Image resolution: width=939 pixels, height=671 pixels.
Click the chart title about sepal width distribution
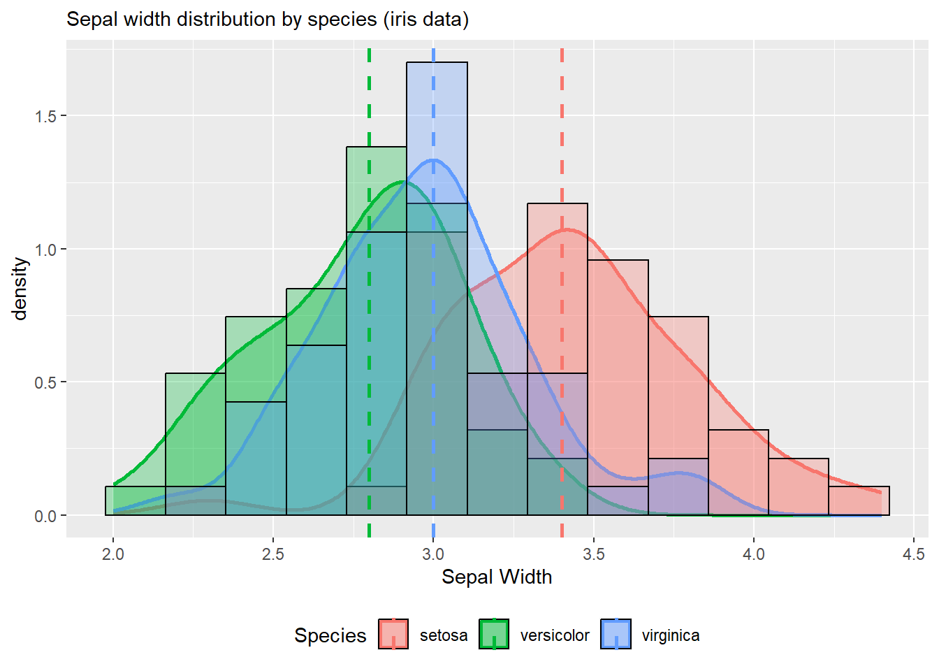tap(268, 19)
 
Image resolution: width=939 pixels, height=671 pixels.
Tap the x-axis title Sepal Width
tap(497, 577)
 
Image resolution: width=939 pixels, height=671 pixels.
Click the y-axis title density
tap(20, 289)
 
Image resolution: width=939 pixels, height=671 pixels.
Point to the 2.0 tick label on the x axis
tap(113, 554)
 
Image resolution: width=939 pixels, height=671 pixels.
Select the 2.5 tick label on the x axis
tap(273, 554)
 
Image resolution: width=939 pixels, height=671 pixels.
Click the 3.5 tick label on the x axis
tap(593, 554)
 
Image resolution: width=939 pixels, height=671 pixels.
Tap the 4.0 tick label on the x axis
tap(753, 554)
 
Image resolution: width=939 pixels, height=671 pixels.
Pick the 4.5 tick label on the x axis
tap(913, 554)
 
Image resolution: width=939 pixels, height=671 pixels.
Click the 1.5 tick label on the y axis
tap(46, 116)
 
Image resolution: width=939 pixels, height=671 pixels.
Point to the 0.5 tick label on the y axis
tap(46, 382)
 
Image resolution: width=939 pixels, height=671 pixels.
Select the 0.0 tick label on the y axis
tap(46, 516)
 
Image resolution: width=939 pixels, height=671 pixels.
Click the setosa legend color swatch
tap(393, 634)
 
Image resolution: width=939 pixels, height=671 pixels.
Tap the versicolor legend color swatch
tap(494, 634)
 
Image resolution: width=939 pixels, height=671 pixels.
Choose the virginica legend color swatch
tap(616, 634)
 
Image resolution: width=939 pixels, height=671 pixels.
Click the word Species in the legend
tap(330, 635)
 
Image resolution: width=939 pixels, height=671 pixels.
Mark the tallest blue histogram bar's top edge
tap(437, 63)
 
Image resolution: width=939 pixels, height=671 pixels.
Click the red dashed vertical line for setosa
tap(562, 140)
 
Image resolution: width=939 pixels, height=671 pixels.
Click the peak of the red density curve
tap(566, 229)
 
